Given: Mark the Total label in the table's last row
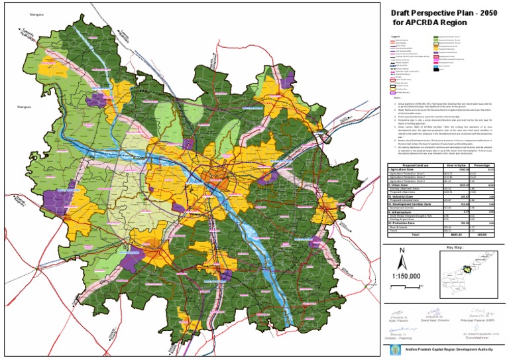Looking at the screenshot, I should (416, 235).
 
